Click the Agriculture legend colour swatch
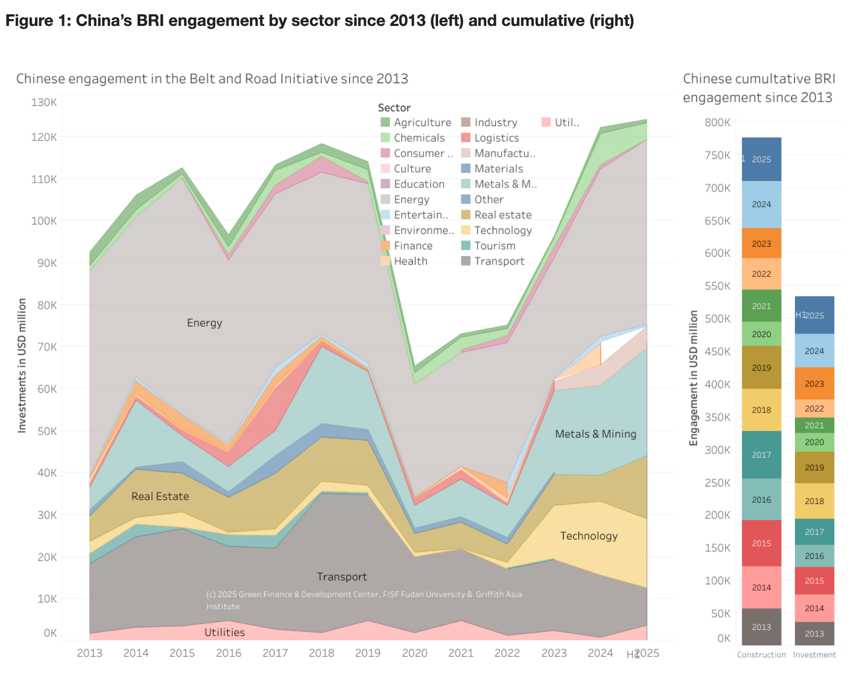pos(385,122)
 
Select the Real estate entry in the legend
pos(502,215)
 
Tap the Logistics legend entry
pos(496,138)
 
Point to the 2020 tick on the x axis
pos(414,653)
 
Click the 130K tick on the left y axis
pos(44,102)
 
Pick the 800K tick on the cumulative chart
pos(718,122)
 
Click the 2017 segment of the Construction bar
pos(761,455)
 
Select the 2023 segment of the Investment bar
pos(814,383)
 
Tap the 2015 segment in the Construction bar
pos(761,543)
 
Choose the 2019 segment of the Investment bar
pos(814,467)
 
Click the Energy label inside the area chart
pos(204,323)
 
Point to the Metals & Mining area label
pos(595,434)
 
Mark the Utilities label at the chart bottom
pos(224,633)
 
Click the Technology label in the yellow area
pos(588,536)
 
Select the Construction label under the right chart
pos(761,655)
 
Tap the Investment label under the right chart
pos(814,655)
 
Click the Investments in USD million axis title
pos(22,365)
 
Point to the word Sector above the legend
pos(394,107)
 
